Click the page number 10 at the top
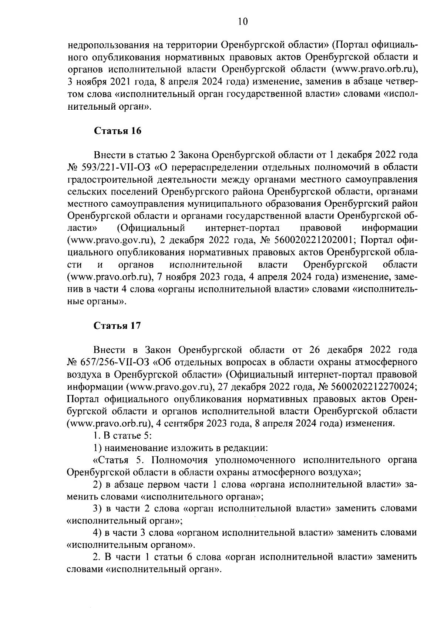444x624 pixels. [243, 22]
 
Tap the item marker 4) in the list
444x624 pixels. [97, 533]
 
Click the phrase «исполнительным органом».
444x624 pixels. [131, 545]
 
